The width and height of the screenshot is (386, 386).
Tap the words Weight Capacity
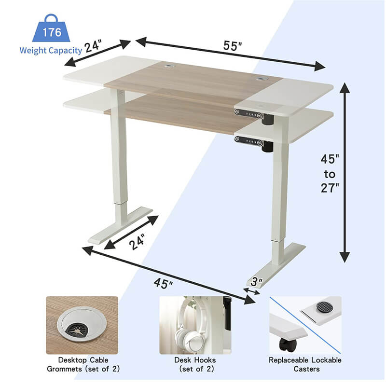point(51,50)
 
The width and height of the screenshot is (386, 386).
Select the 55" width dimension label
point(232,46)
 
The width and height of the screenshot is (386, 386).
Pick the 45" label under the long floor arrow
point(164,283)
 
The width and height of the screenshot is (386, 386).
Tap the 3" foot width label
point(256,281)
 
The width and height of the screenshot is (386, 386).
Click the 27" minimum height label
point(331,188)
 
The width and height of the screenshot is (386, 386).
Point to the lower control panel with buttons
point(249,140)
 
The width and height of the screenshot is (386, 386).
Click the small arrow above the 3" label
point(252,291)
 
